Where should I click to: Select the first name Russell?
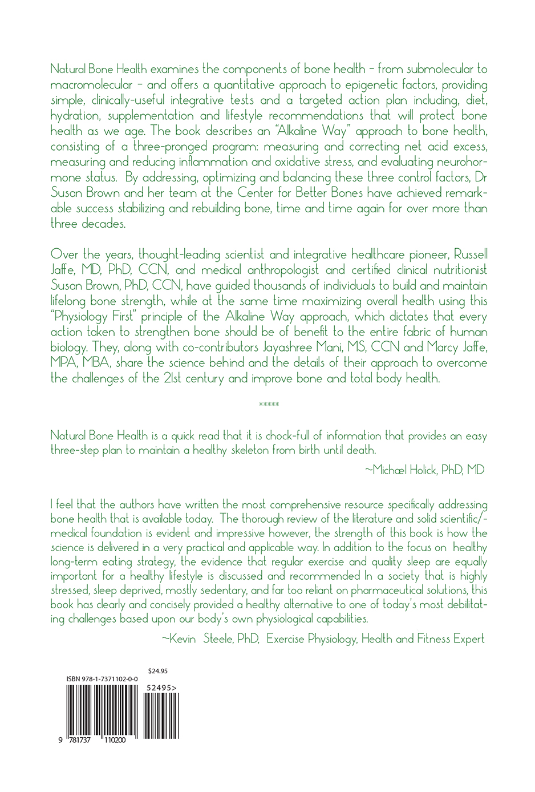468,254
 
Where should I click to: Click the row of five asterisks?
268,405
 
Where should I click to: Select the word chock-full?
296,435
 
